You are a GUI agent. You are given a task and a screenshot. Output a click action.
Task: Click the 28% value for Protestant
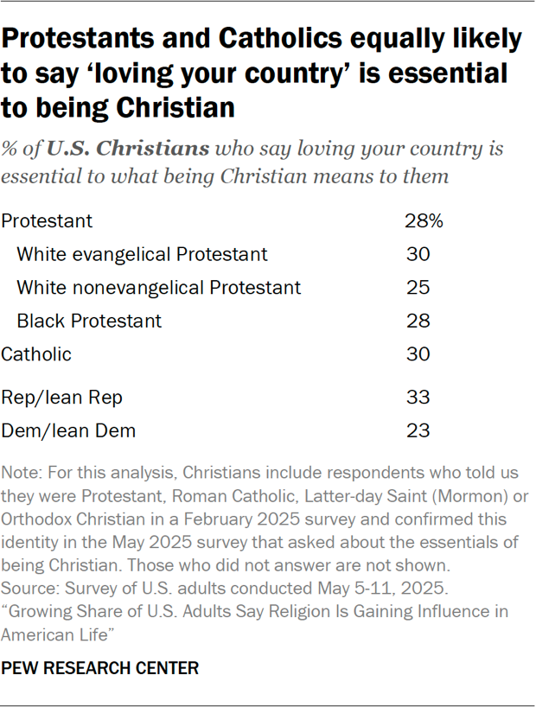coord(424,221)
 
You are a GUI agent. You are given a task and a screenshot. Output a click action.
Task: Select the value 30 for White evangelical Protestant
coord(418,254)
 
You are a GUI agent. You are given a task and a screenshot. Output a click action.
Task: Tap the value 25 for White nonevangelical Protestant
coord(418,287)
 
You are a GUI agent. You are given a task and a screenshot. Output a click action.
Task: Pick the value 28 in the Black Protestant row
coord(418,321)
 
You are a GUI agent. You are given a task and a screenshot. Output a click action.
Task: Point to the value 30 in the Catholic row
coord(418,353)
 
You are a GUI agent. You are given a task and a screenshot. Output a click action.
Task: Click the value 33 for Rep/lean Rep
coord(418,398)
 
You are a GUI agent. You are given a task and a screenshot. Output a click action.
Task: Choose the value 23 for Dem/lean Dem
coord(418,430)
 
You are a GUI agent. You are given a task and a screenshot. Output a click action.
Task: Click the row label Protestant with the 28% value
coord(47,221)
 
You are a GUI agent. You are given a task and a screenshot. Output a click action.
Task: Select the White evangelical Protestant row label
coord(142,254)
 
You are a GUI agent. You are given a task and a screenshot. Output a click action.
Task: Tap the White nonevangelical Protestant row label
coord(158,287)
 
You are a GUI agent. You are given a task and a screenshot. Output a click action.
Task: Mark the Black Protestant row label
coord(88,321)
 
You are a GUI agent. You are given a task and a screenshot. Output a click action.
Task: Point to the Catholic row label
coord(36,353)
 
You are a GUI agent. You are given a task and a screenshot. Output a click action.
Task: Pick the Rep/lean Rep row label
coord(62,398)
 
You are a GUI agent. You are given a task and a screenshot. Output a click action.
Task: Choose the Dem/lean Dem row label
coord(68,430)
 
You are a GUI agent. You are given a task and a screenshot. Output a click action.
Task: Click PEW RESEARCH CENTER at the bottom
coord(100,668)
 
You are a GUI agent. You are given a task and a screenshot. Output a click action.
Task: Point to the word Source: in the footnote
coord(29,592)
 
